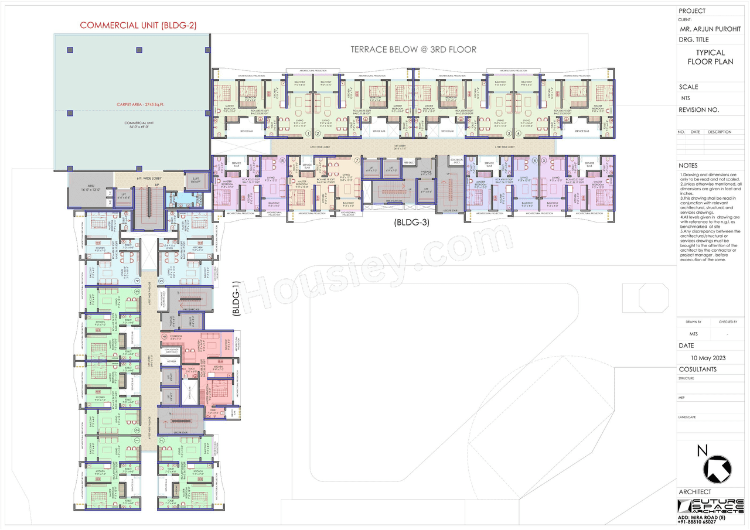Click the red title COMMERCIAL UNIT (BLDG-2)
coord(138,25)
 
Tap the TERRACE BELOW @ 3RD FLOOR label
coord(414,50)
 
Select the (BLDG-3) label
coord(411,222)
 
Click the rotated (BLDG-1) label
coord(236,299)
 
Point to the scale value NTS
coord(686,98)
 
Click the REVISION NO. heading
coord(698,110)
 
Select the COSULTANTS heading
coord(697,370)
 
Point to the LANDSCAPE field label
coord(688,417)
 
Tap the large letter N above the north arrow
coord(702,451)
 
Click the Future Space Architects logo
coord(710,507)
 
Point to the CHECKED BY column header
coord(728,322)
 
